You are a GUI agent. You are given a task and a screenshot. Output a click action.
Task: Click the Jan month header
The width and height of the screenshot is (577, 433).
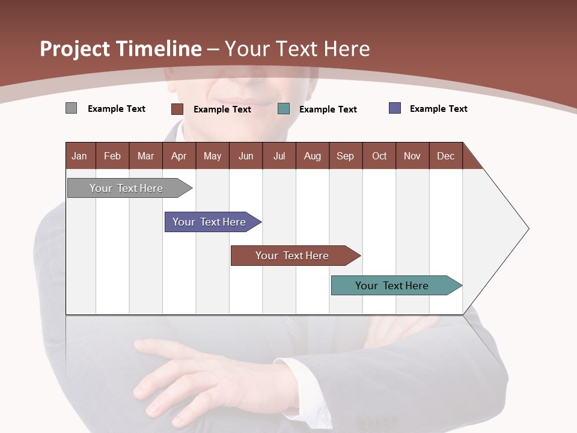click(80, 156)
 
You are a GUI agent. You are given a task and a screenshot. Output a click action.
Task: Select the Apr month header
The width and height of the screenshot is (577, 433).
click(179, 156)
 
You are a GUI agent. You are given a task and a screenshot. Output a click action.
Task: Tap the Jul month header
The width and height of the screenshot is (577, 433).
click(279, 156)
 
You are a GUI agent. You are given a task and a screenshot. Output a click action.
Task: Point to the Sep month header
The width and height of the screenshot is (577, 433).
click(346, 156)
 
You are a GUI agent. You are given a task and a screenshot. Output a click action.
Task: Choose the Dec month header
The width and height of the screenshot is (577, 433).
click(445, 156)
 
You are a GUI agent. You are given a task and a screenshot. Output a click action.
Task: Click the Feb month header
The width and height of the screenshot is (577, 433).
click(112, 156)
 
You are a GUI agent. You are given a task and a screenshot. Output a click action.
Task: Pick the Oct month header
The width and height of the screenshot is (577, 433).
click(379, 156)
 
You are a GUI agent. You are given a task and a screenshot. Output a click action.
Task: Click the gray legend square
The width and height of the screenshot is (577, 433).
click(72, 108)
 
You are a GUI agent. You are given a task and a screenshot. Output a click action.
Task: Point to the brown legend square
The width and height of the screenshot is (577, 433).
click(177, 109)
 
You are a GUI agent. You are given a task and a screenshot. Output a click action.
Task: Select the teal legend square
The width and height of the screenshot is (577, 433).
click(284, 109)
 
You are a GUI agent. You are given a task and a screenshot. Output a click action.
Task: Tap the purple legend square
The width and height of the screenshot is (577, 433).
click(395, 108)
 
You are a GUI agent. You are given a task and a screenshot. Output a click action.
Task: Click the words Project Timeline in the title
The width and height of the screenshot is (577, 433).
click(121, 49)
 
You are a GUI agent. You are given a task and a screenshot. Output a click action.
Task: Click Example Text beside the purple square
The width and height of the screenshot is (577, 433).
click(438, 109)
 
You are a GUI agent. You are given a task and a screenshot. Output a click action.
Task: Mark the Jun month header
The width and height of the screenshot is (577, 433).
click(246, 156)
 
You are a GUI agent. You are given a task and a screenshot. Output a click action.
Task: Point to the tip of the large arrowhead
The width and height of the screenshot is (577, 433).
click(528, 229)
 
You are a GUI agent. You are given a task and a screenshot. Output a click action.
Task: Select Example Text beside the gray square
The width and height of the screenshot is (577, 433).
click(116, 109)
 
